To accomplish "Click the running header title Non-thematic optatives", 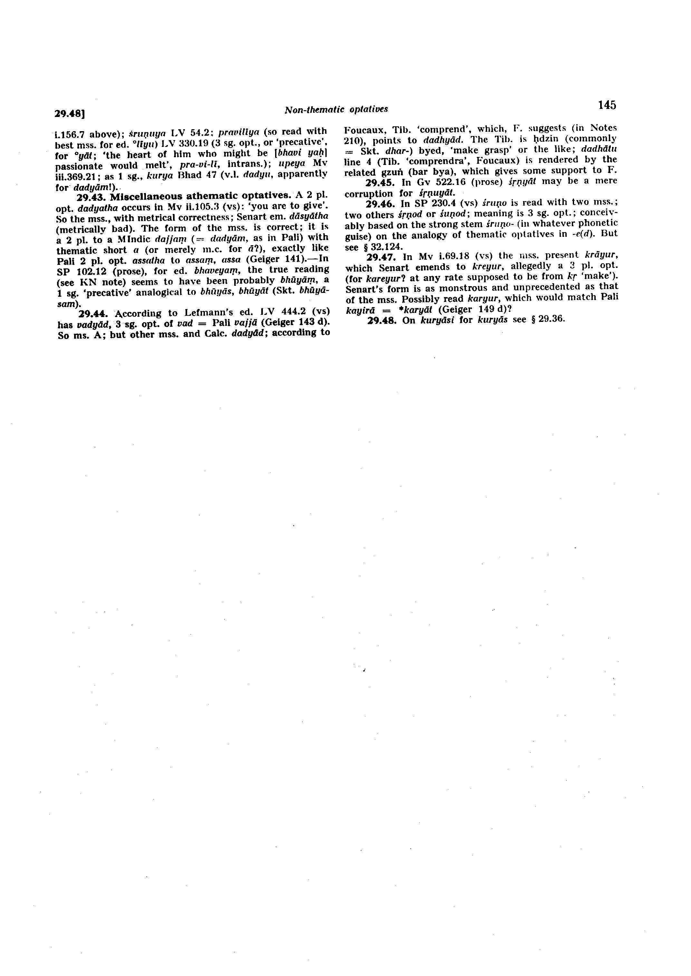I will [x=336, y=109].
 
